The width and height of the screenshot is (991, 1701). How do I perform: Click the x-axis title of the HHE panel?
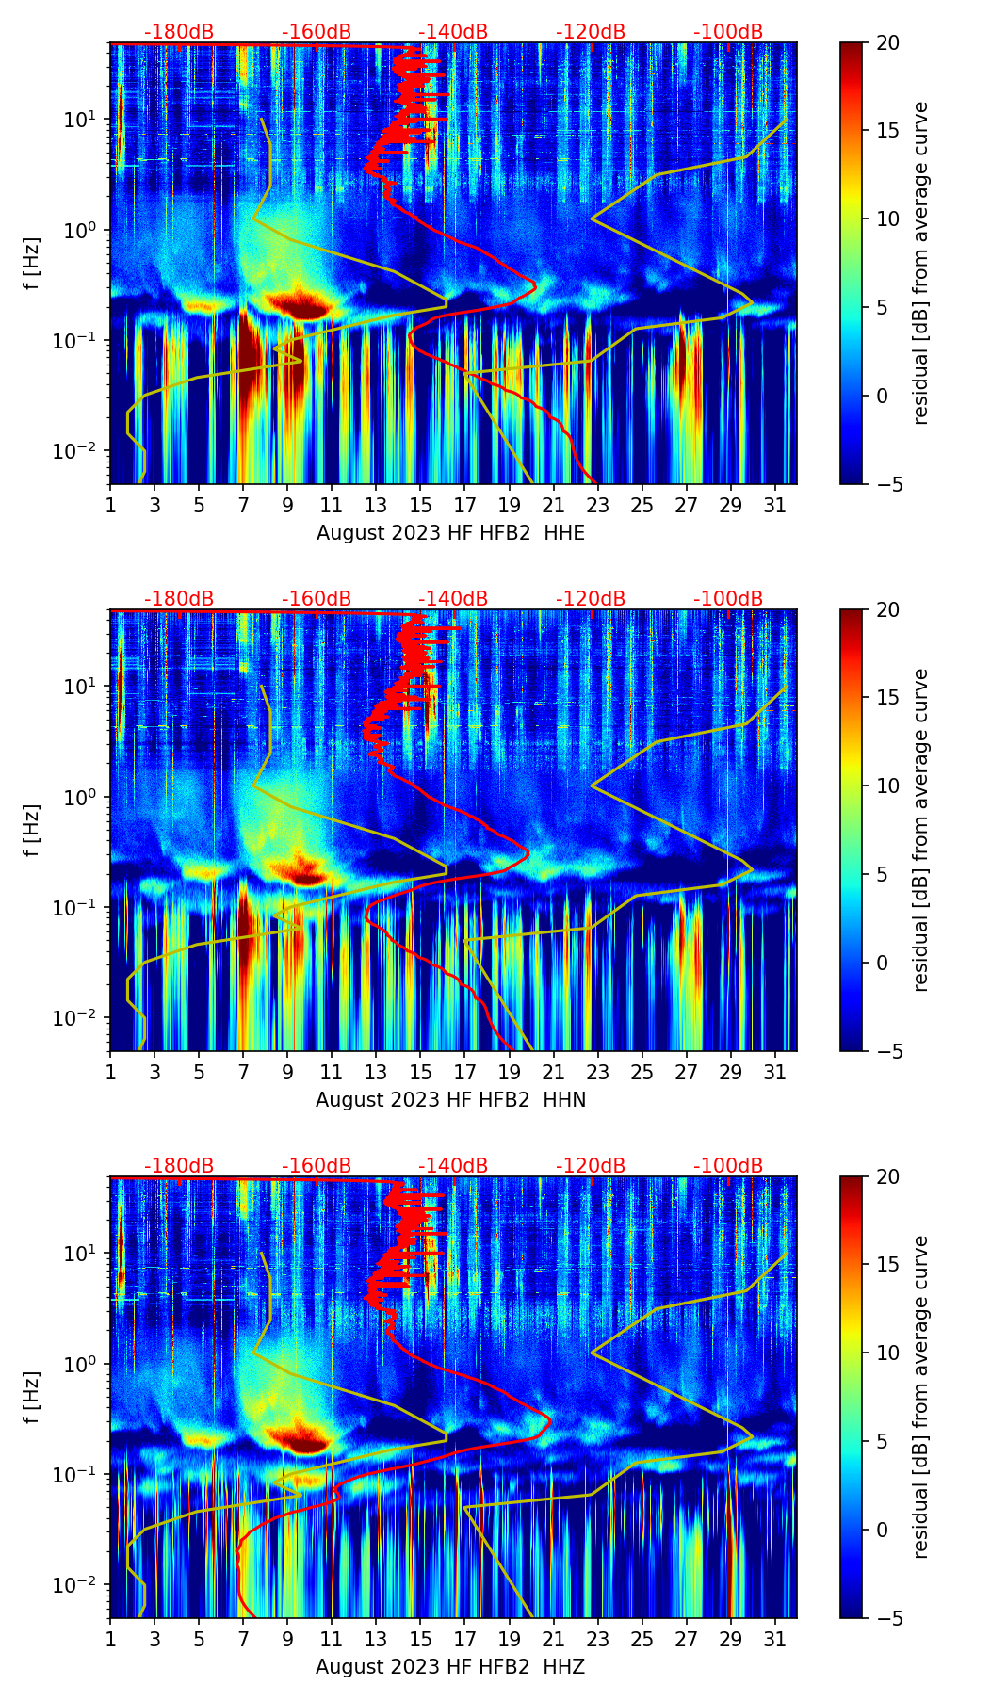(x=450, y=533)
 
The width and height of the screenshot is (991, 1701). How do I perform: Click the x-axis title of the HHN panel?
(x=450, y=1100)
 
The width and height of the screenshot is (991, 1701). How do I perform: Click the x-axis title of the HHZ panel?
(x=450, y=1667)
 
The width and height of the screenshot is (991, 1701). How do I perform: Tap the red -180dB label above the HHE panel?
(x=179, y=32)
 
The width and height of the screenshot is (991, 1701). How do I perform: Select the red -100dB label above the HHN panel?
(x=728, y=599)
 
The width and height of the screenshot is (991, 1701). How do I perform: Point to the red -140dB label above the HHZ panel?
(x=453, y=1166)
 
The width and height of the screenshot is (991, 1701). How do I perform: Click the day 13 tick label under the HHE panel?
(x=376, y=505)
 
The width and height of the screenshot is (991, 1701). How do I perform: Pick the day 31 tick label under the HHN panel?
(x=774, y=1072)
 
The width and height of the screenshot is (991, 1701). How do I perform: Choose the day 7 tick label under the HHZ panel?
(x=243, y=1639)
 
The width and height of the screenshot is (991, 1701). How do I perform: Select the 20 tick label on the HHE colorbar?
(x=887, y=43)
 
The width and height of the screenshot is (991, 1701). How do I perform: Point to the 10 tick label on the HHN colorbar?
(x=887, y=786)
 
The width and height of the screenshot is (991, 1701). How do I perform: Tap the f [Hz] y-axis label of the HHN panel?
(x=33, y=831)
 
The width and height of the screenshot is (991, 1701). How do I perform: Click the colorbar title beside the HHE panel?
(x=921, y=263)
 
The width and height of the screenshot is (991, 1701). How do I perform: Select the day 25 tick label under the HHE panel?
(x=642, y=505)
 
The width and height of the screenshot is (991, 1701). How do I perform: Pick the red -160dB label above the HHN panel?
(x=317, y=599)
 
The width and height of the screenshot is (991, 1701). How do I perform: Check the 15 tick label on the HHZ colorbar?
(x=887, y=1265)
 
